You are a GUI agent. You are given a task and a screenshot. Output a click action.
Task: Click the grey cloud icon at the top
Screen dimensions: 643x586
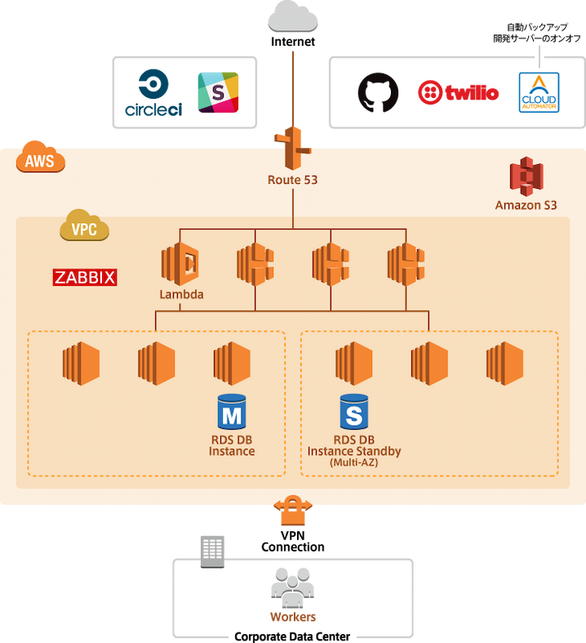293,17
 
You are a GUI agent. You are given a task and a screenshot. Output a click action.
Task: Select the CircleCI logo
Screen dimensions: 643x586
154,92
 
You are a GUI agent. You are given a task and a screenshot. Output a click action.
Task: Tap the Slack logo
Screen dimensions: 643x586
219,92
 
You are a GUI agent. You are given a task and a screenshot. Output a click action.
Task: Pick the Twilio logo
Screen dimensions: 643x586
459,92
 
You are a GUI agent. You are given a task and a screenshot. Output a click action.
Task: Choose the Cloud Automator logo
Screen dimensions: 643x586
539,92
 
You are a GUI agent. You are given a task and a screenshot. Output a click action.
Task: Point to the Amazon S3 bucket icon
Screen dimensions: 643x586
526,176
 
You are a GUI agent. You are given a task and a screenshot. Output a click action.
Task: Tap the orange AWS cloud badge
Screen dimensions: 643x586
40,159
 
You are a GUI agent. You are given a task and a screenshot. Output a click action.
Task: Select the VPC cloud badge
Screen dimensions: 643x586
84,229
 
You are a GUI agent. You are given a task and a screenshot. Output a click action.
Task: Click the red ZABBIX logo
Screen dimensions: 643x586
85,278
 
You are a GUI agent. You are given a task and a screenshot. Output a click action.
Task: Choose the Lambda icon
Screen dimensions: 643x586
181,262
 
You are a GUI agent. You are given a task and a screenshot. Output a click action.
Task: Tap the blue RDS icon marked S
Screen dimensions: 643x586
353,412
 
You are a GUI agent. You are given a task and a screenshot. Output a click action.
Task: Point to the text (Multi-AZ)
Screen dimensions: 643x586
353,462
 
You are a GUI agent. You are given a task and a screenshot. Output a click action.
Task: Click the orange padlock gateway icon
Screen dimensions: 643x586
293,511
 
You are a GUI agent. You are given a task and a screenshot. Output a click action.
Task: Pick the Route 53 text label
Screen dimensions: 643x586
292,179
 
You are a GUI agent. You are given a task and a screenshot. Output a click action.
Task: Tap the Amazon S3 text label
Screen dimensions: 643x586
526,205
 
